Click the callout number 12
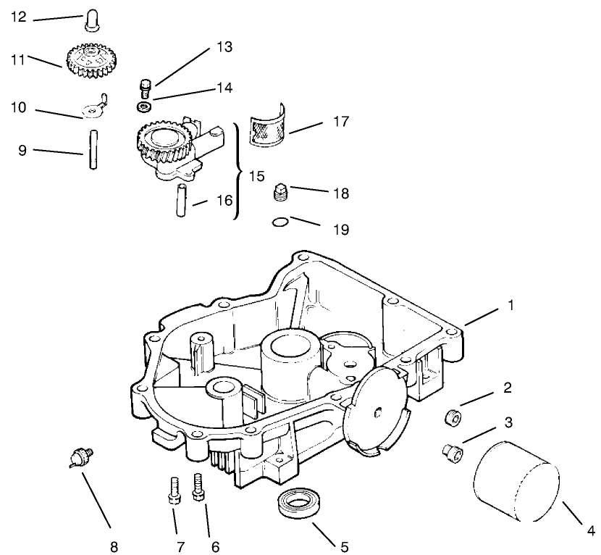[18, 16]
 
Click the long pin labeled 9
[93, 149]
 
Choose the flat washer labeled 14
[144, 107]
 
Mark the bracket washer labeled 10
[94, 109]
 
